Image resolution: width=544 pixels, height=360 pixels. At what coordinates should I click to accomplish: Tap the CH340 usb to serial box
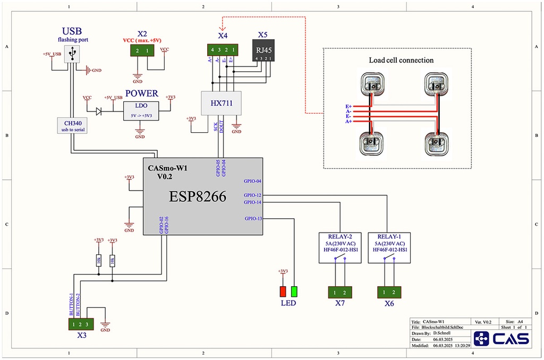click(71, 125)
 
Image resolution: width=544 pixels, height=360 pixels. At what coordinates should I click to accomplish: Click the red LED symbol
click(283, 292)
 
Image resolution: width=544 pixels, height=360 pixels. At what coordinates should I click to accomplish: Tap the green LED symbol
click(294, 292)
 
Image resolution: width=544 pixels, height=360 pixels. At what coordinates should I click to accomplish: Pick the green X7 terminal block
click(340, 292)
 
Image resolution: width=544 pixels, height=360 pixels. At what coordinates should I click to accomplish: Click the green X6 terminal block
click(389, 292)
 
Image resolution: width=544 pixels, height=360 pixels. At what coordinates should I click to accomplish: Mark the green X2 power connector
click(142, 50)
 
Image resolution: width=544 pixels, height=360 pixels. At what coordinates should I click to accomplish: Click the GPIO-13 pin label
click(253, 218)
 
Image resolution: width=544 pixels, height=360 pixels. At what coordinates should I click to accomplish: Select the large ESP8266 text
click(198, 197)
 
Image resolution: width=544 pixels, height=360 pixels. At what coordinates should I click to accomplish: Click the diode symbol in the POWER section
click(99, 112)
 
